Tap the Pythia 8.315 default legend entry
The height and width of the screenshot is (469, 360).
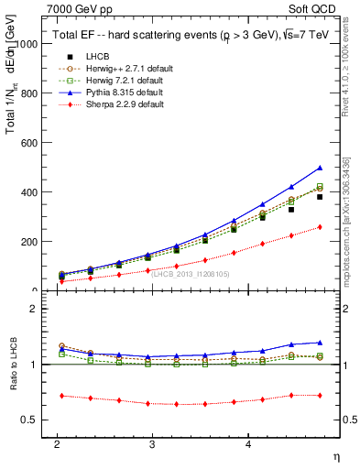(111, 93)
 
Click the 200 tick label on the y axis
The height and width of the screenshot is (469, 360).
(31, 242)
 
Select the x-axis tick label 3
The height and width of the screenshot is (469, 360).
(152, 443)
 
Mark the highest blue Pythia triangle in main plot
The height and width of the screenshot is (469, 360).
(320, 168)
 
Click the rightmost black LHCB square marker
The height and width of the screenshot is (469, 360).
(320, 197)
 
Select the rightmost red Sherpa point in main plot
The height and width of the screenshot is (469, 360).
(320, 227)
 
